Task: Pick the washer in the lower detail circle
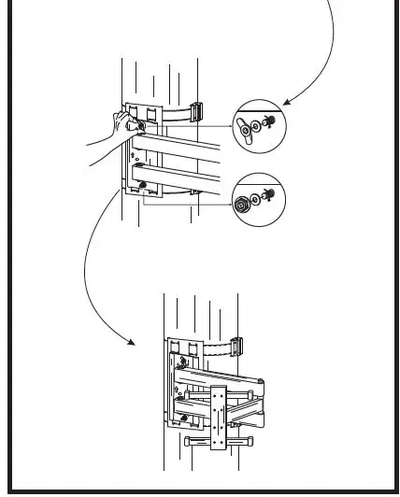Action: coord(256,197)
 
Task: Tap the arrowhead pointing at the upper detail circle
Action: coord(287,103)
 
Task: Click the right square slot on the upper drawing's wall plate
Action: coord(151,113)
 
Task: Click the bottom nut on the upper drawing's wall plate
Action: coord(144,189)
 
